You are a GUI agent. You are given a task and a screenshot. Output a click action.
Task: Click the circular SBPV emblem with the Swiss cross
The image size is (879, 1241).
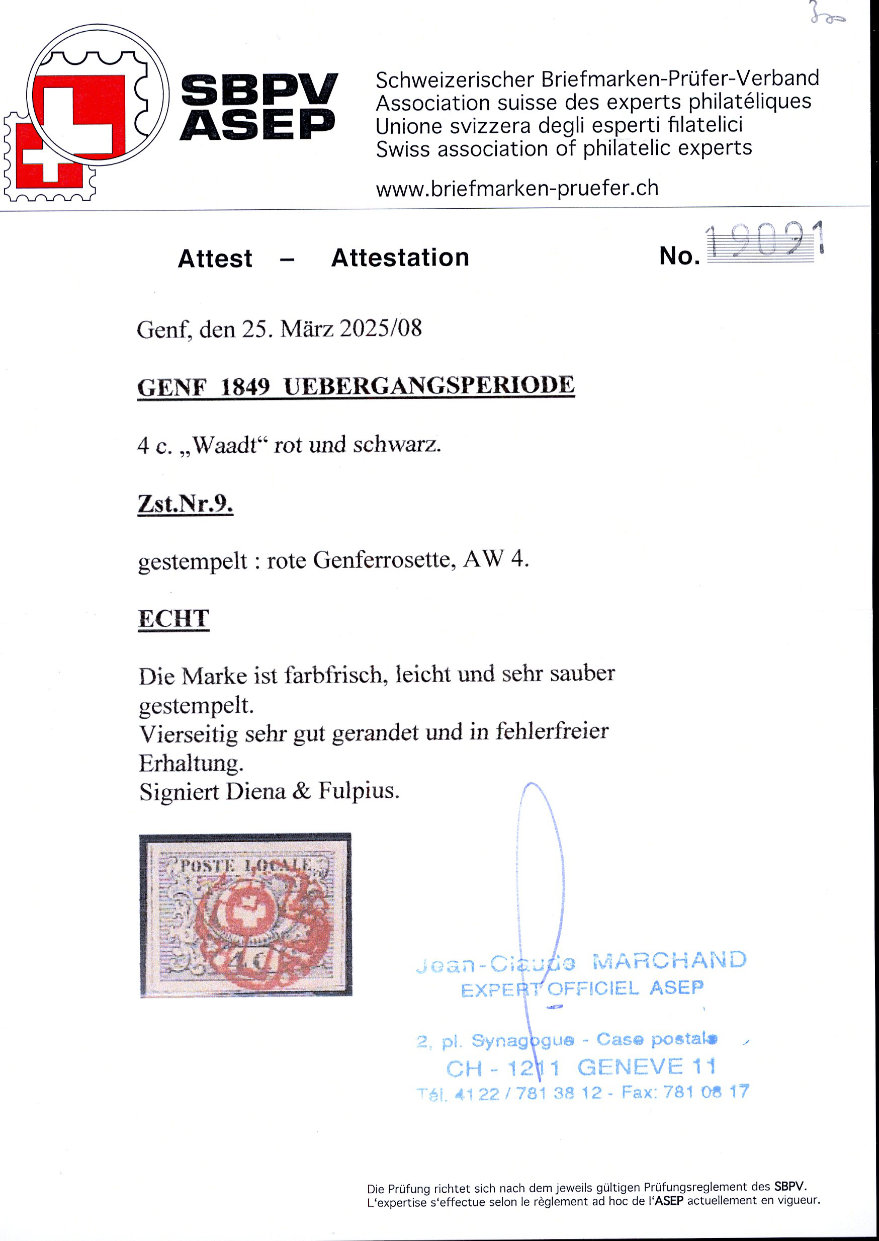(x=98, y=95)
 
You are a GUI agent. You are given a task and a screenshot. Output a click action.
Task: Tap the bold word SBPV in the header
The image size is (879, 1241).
(x=258, y=90)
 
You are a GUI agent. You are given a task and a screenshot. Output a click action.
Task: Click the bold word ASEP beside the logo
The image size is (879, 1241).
(x=257, y=125)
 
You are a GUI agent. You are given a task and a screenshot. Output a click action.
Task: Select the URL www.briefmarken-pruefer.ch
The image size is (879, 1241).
(x=517, y=189)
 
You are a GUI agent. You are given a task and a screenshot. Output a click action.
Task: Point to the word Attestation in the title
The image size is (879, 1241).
(x=400, y=258)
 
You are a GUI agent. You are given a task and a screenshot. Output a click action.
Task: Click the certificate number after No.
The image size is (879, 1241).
(x=764, y=242)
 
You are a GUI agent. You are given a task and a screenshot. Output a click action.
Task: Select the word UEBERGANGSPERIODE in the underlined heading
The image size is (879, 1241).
(x=428, y=386)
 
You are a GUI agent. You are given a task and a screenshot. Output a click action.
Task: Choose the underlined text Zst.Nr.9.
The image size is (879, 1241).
(x=185, y=504)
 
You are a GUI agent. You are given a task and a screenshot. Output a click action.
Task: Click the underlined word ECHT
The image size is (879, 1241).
(x=173, y=618)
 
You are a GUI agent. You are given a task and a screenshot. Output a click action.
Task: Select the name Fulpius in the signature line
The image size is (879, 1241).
(x=359, y=791)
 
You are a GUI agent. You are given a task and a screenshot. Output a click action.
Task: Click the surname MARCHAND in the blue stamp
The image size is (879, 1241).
(x=669, y=960)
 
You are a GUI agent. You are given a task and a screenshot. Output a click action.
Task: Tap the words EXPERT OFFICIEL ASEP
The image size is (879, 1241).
(x=582, y=988)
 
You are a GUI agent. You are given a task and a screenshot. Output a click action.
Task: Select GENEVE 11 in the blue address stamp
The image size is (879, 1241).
(x=647, y=1066)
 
